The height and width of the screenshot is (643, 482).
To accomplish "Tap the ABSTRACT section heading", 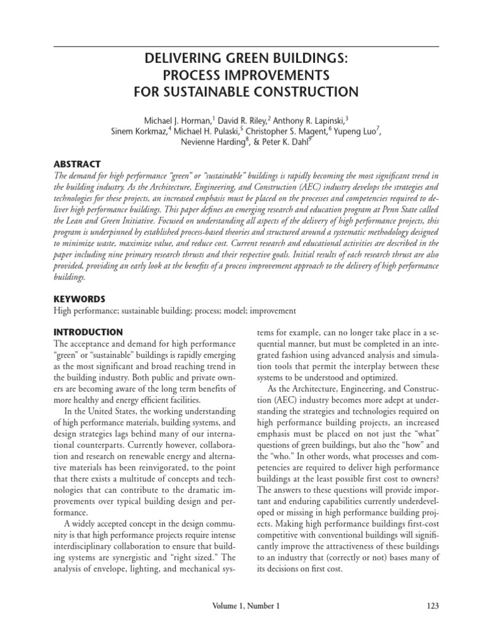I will click(x=75, y=165).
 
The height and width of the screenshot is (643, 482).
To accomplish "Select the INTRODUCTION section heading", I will click(x=88, y=332).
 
